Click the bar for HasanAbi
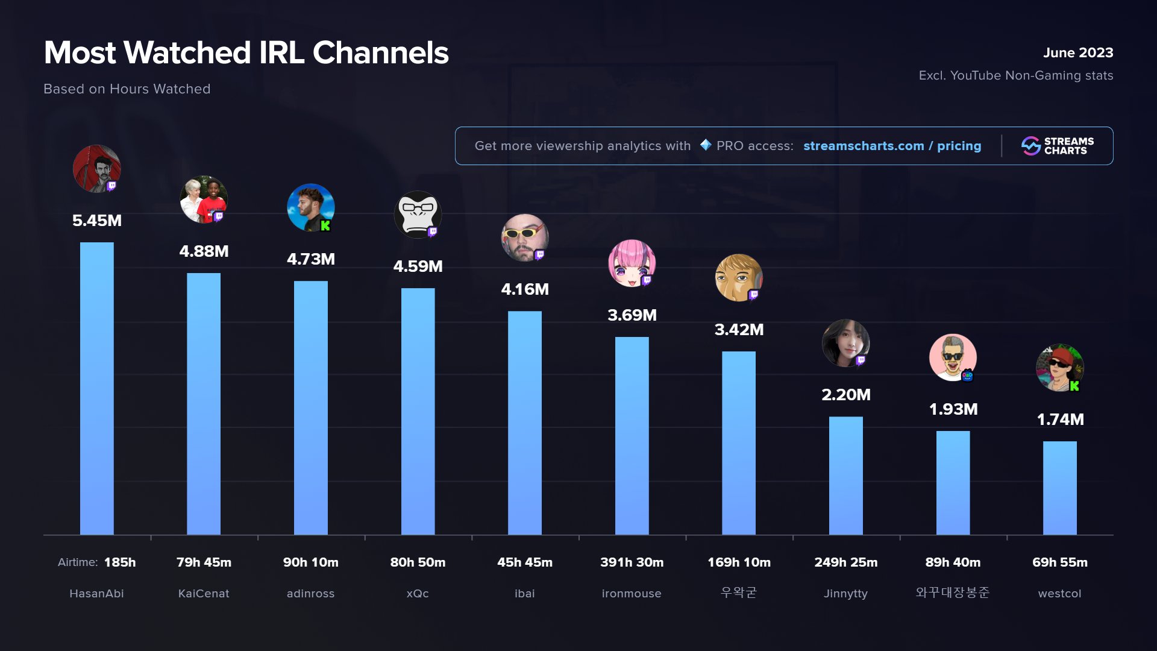click(96, 389)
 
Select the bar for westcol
click(1059, 488)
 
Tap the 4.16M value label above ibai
click(525, 289)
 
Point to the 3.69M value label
click(632, 315)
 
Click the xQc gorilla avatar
click(417, 214)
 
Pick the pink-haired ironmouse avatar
click(631, 263)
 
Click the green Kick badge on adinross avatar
click(325, 226)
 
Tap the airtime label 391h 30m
click(632, 562)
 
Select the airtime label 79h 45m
click(204, 562)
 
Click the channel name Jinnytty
click(845, 594)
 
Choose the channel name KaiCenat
click(204, 594)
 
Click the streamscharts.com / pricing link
click(892, 146)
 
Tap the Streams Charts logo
click(1058, 146)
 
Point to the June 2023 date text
click(1077, 53)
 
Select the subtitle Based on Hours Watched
click(127, 89)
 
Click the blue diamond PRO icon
click(706, 145)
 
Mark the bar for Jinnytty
click(845, 476)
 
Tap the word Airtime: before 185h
click(78, 562)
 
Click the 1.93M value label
click(953, 409)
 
